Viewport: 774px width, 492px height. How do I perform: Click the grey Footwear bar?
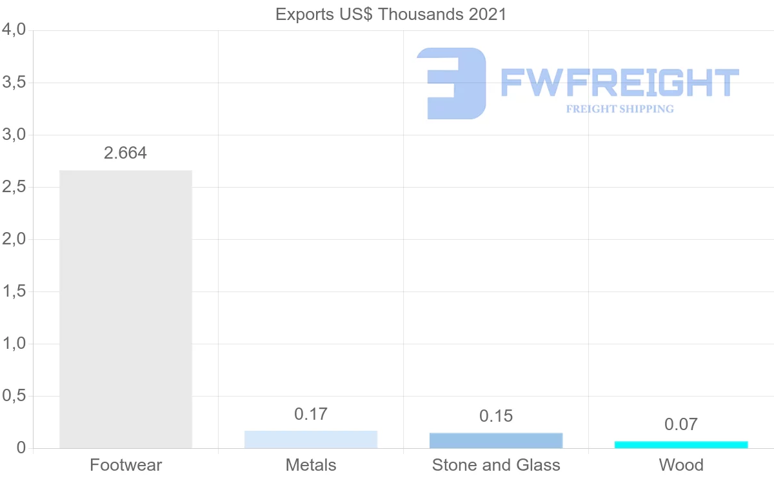point(126,309)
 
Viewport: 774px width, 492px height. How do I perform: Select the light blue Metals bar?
point(311,439)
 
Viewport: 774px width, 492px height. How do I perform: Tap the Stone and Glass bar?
point(496,440)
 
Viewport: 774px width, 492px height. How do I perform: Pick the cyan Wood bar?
point(681,444)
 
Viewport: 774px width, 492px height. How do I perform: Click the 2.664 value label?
point(126,153)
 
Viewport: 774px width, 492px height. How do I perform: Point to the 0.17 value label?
point(311,414)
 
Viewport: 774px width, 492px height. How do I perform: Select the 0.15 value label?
point(496,416)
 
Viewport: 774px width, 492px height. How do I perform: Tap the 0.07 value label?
point(681,424)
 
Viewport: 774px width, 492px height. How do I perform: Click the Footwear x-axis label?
point(126,465)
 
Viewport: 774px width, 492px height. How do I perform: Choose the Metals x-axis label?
point(311,465)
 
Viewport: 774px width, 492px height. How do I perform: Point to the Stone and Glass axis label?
point(496,465)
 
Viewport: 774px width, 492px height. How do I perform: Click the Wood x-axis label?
point(681,465)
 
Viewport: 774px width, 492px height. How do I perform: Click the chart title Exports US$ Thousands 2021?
point(391,14)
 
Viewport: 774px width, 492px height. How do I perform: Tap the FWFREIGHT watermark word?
point(619,83)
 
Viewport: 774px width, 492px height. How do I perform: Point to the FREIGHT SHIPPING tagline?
point(619,109)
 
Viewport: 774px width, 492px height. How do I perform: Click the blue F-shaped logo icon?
point(451,83)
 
